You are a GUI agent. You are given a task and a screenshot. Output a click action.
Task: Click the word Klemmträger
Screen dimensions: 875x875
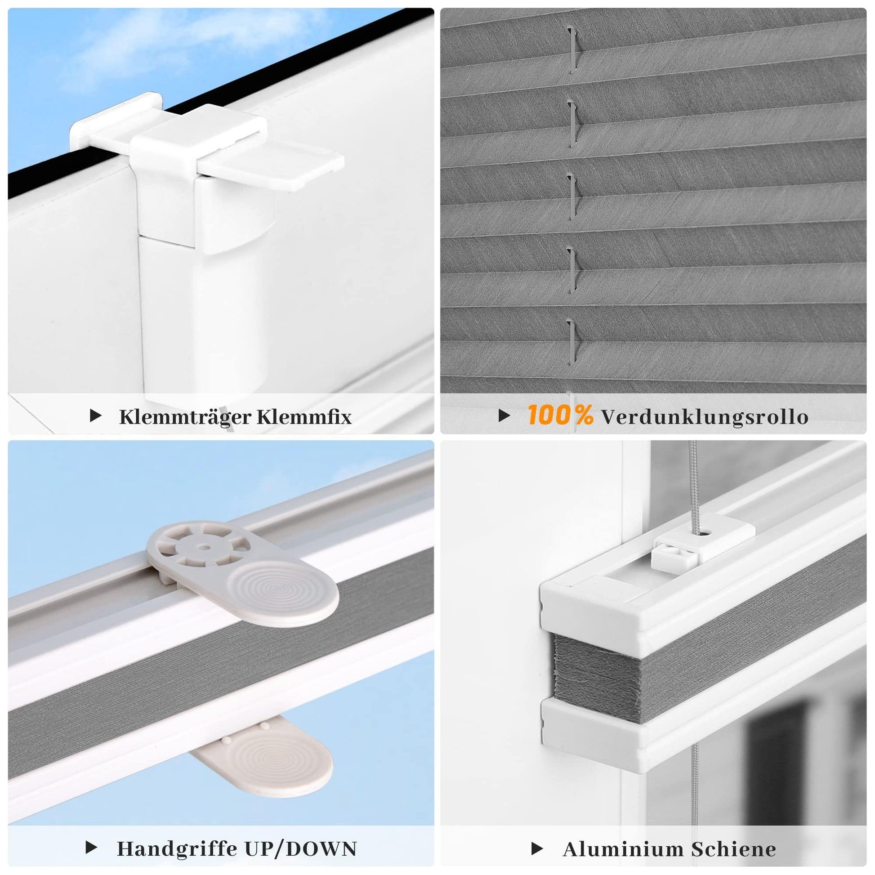pyautogui.click(x=184, y=418)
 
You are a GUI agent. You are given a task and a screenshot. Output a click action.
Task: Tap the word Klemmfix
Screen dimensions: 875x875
pyautogui.click(x=304, y=417)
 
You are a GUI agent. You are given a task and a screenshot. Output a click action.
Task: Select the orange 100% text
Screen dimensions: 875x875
pyautogui.click(x=560, y=415)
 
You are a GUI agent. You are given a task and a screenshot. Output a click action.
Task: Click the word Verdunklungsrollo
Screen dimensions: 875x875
pyautogui.click(x=705, y=417)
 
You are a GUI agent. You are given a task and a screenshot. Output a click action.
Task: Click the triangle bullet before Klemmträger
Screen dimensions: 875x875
pyautogui.click(x=96, y=415)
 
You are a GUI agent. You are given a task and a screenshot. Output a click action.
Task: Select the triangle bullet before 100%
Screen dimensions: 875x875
pyautogui.click(x=504, y=415)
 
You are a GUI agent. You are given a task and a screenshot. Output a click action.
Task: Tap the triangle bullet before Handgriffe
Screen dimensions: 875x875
pyautogui.click(x=91, y=848)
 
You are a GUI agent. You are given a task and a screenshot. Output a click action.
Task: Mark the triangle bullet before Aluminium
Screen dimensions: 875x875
pyautogui.click(x=537, y=849)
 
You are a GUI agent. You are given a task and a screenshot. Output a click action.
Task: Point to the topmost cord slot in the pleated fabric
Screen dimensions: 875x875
pyautogui.click(x=573, y=50)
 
